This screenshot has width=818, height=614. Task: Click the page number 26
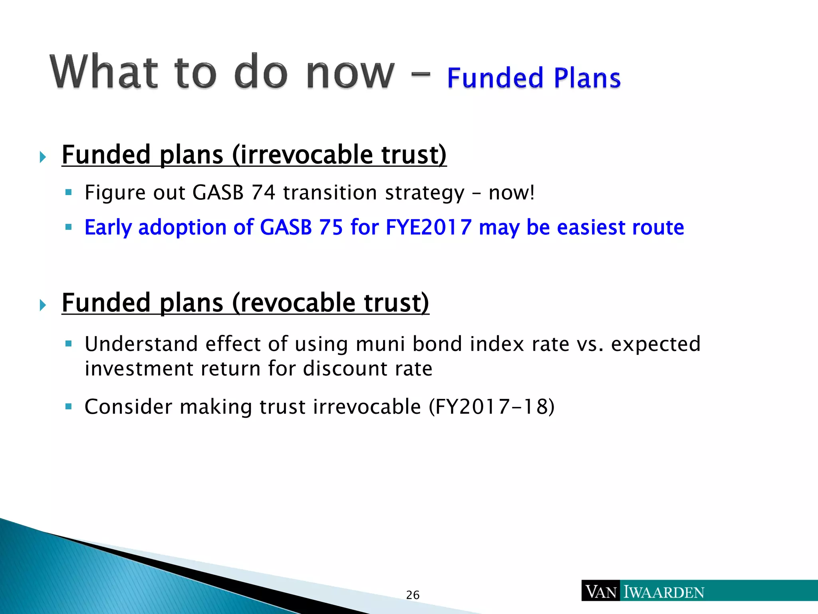(413, 595)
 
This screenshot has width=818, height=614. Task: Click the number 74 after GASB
(263, 193)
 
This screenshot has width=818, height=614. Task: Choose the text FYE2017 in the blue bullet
(429, 227)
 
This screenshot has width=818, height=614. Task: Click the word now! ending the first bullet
(512, 193)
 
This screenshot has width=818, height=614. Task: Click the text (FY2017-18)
(492, 407)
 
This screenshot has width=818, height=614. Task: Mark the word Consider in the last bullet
(128, 407)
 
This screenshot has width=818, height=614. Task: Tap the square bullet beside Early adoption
(69, 227)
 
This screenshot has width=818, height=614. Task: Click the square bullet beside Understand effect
(69, 344)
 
